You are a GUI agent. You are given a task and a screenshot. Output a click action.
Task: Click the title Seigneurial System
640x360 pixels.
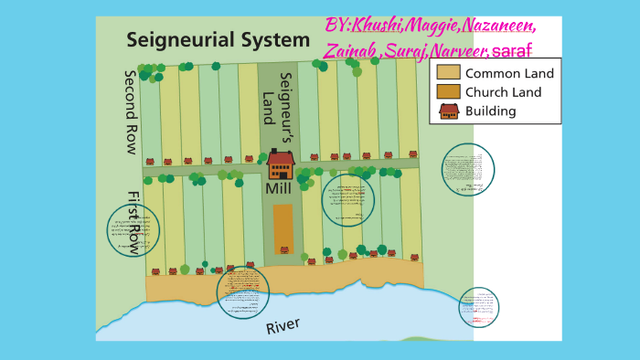point(219,40)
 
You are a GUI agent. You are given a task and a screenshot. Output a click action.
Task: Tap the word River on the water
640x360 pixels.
point(283,326)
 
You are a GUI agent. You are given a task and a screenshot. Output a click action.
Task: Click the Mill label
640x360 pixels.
point(278,188)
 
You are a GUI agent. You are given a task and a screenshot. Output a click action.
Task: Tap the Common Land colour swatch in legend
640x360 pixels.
point(448,73)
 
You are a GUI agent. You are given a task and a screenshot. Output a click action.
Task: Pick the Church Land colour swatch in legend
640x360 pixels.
point(448,92)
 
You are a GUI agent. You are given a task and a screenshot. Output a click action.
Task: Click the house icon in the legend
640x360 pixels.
point(448,111)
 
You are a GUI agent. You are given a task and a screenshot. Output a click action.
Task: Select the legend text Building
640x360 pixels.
point(491,111)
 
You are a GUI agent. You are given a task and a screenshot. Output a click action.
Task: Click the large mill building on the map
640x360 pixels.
point(281,164)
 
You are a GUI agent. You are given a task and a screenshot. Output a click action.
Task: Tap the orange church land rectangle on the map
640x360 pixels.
point(283,228)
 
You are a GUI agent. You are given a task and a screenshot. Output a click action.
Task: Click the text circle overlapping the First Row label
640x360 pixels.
point(133,230)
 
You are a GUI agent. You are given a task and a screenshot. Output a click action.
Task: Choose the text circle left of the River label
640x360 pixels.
point(243,292)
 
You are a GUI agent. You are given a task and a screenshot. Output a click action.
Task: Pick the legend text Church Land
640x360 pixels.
point(503,92)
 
